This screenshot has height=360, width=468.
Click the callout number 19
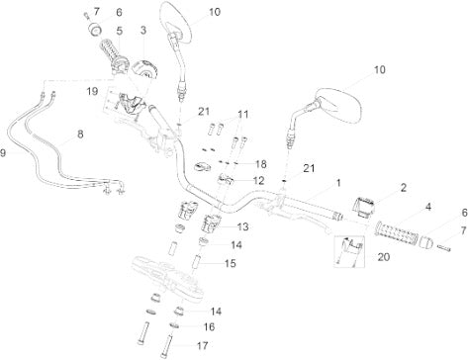92,91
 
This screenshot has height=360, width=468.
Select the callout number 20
383,257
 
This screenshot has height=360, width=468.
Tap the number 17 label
202,345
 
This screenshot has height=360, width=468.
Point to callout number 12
258,181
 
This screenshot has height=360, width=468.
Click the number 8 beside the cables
80,135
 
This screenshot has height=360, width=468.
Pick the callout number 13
242,226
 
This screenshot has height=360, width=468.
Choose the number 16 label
209,327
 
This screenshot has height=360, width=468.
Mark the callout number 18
260,164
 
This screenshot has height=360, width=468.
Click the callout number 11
242,115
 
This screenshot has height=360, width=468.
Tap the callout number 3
143,30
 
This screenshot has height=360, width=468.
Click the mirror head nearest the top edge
176,21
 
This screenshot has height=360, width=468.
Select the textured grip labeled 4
397,232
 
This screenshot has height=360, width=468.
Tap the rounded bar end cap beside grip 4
425,242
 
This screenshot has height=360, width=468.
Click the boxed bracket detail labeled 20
349,251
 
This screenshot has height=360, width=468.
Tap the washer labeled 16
175,325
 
